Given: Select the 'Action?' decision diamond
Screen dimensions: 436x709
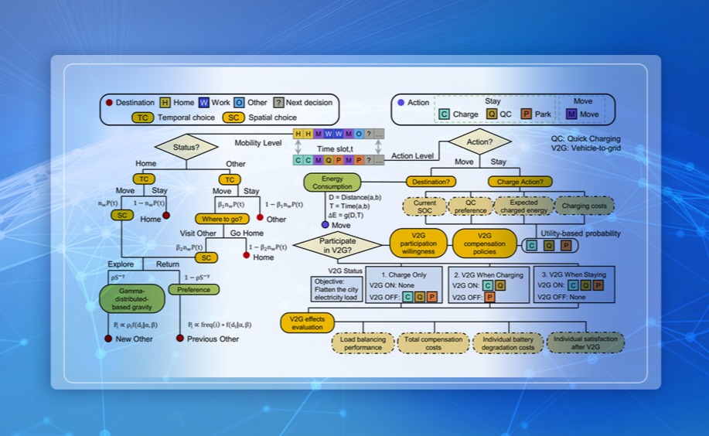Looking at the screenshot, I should click(479, 141).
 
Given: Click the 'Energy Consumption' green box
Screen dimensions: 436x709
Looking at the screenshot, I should click(332, 182).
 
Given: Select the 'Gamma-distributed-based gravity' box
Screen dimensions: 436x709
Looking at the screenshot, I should click(132, 298).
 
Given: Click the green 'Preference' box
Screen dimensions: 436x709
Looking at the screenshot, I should click(194, 289).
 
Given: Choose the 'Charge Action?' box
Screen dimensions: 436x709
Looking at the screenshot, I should click(520, 182).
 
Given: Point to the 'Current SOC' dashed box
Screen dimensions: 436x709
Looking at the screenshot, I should click(424, 206).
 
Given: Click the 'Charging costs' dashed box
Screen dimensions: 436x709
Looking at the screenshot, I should click(584, 206).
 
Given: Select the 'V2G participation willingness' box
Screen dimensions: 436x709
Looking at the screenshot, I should click(418, 243).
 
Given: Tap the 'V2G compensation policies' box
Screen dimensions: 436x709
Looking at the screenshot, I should click(484, 243).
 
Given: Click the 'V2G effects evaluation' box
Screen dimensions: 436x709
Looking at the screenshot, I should click(307, 322).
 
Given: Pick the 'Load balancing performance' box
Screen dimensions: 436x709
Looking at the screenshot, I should click(363, 342).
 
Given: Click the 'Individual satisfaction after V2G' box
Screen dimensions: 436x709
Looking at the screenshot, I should click(585, 342).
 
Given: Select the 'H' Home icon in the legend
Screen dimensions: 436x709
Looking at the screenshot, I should click(165, 102).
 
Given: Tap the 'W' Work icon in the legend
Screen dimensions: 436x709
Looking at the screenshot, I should click(204, 102).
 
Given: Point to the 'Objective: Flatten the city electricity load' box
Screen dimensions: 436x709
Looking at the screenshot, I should click(334, 289).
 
